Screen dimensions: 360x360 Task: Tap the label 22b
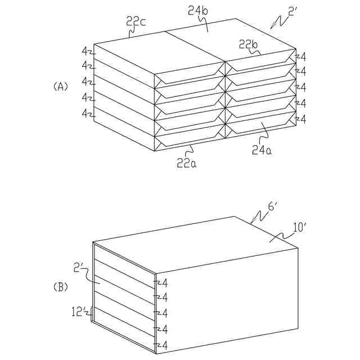pos(249,44)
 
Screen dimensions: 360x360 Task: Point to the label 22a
pos(187,163)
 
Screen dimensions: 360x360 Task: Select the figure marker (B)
pos(60,287)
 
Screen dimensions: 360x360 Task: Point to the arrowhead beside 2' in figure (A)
pos(273,25)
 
